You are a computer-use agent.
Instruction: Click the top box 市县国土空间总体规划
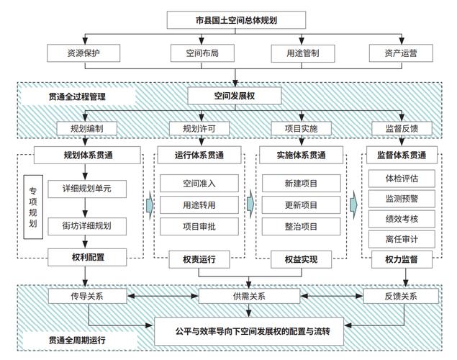(x=236, y=20)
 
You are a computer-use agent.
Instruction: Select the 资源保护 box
(x=83, y=53)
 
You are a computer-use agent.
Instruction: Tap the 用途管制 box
(x=302, y=53)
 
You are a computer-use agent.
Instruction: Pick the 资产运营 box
(x=401, y=53)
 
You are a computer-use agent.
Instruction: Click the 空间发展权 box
(x=235, y=96)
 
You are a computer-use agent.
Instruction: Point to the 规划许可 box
(x=199, y=129)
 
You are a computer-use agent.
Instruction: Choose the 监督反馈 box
(x=402, y=129)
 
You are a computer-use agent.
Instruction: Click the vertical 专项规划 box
(x=33, y=207)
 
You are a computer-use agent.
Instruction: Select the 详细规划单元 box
(x=87, y=189)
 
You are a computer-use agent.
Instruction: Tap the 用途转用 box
(x=199, y=205)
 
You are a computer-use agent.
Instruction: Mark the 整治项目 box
(x=301, y=227)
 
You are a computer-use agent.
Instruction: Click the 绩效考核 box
(x=402, y=219)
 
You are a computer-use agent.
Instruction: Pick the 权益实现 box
(x=301, y=259)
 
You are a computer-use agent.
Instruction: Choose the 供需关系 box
(x=249, y=296)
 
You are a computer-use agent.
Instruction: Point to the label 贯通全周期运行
(x=77, y=340)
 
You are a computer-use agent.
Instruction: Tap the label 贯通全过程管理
(x=77, y=96)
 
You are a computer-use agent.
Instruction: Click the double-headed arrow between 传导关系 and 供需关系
(x=163, y=296)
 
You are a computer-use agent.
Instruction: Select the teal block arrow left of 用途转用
(x=150, y=205)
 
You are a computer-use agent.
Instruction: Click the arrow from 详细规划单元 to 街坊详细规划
(x=85, y=207)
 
